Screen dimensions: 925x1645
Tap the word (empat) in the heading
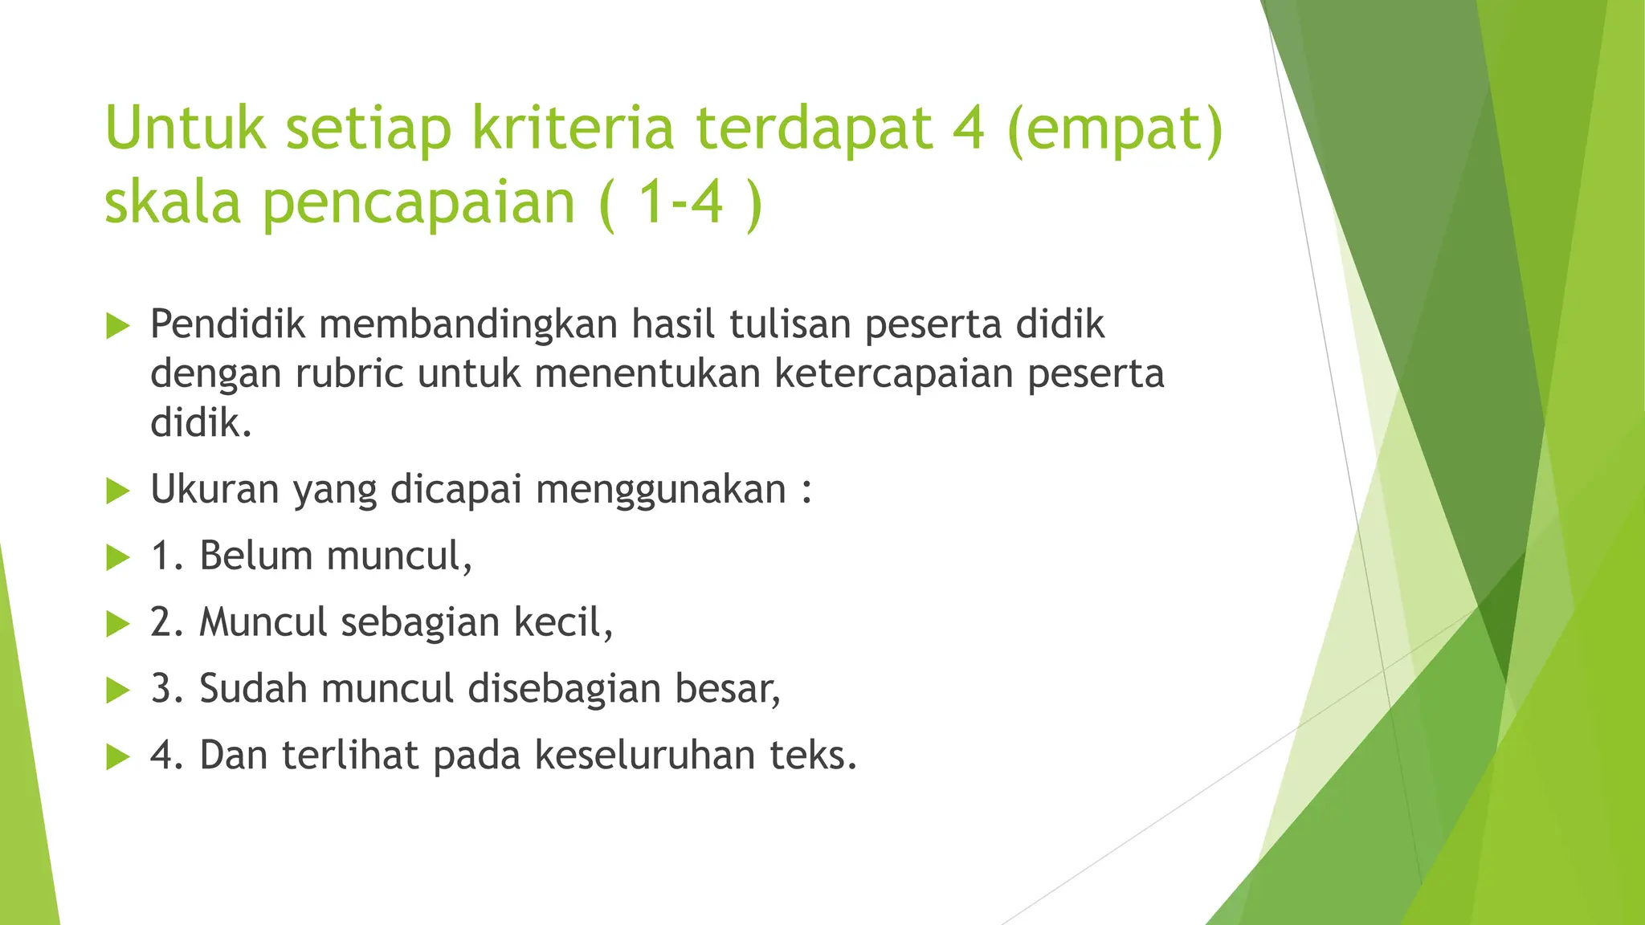(x=1114, y=130)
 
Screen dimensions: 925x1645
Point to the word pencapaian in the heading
(x=419, y=204)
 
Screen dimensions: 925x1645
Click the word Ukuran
(x=214, y=490)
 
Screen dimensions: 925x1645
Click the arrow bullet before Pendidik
(x=118, y=326)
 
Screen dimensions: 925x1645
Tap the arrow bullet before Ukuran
(x=118, y=491)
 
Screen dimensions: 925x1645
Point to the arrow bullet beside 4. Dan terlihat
(x=118, y=756)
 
